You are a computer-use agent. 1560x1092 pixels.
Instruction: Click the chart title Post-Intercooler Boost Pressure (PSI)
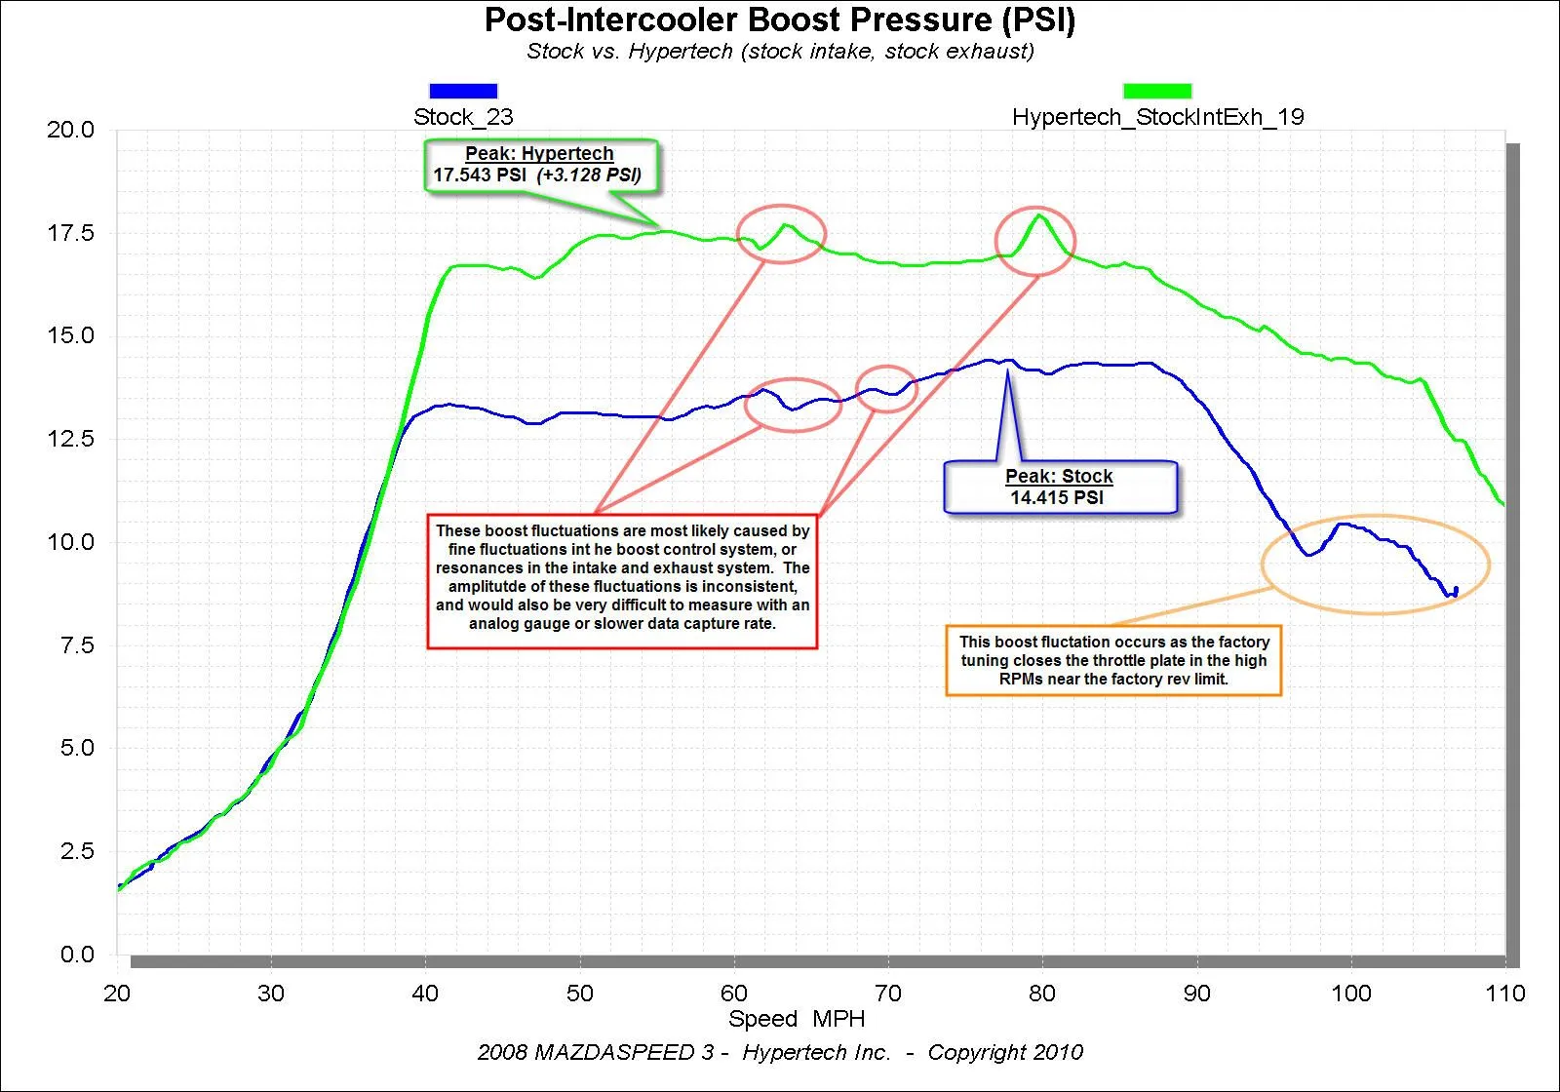(x=779, y=20)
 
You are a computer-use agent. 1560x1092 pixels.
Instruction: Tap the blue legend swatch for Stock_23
(x=463, y=91)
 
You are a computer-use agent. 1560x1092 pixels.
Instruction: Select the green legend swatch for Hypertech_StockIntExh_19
(x=1157, y=91)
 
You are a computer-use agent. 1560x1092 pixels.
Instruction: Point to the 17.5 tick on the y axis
(x=70, y=233)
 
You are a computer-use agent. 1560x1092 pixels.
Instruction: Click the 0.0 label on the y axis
(x=77, y=955)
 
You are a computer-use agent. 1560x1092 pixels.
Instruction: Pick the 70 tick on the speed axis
(x=887, y=994)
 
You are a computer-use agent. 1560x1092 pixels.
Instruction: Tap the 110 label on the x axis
(x=1504, y=994)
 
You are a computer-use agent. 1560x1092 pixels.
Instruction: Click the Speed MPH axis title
(x=797, y=1019)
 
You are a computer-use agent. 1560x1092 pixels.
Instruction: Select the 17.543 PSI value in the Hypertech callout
(x=479, y=175)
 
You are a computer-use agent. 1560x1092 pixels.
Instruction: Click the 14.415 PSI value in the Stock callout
(x=1057, y=498)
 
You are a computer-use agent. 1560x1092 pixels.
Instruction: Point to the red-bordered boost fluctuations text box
(x=622, y=581)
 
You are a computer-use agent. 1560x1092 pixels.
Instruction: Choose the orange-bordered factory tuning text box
(x=1113, y=660)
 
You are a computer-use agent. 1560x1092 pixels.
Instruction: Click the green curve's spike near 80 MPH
(x=1040, y=215)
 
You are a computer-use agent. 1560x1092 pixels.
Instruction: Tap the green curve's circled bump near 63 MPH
(x=785, y=226)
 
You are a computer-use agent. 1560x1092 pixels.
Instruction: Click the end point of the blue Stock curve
(x=1456, y=589)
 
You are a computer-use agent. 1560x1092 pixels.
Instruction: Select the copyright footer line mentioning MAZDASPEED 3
(x=780, y=1053)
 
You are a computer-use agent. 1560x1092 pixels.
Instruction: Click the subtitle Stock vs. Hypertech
(x=780, y=52)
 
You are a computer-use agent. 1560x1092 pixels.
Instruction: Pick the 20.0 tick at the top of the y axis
(x=70, y=130)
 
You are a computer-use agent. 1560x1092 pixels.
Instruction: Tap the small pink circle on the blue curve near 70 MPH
(x=886, y=389)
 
